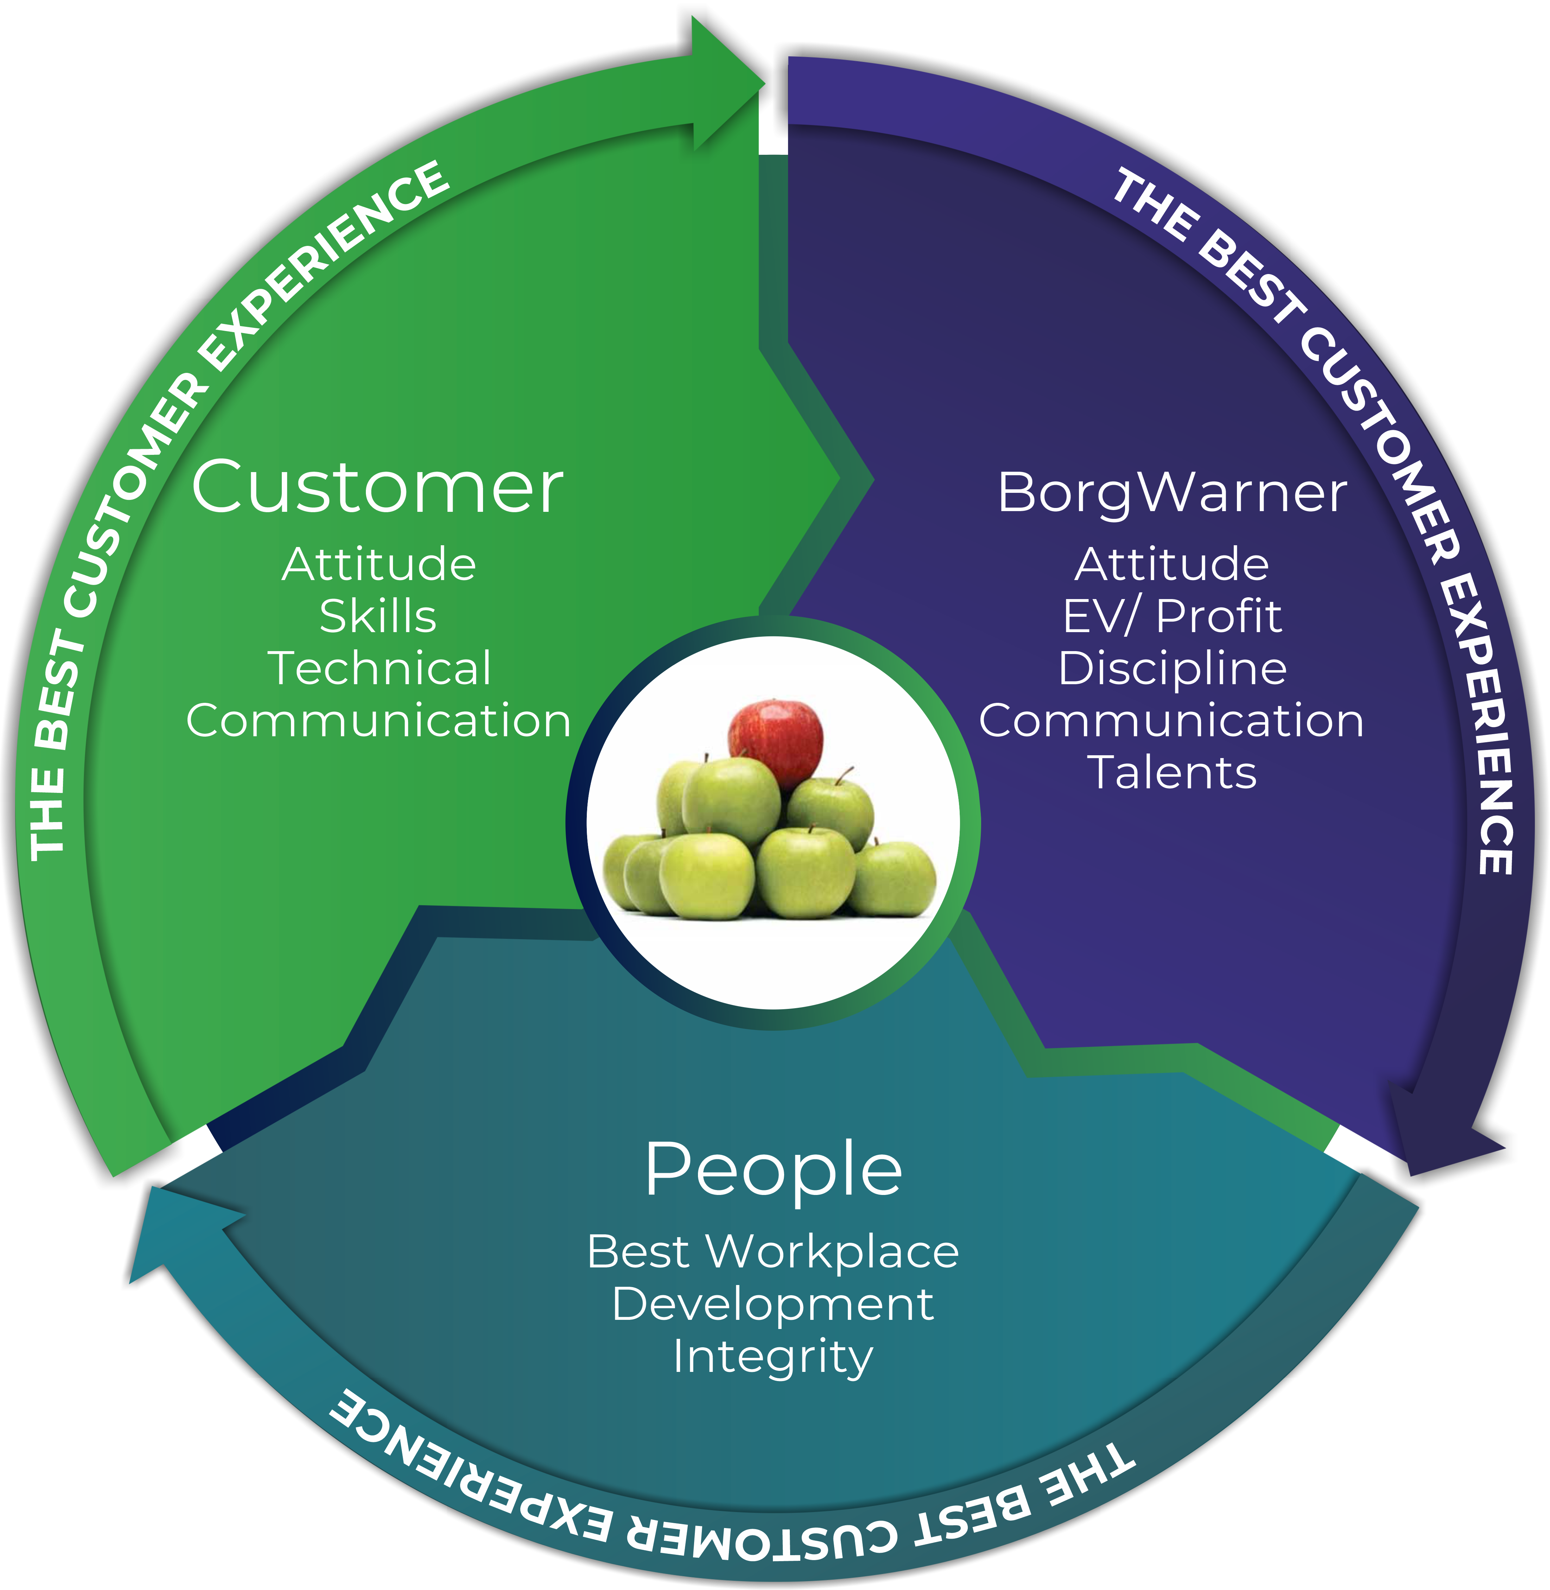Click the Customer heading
point(377,487)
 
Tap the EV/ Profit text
point(1172,616)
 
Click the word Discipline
point(1172,669)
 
